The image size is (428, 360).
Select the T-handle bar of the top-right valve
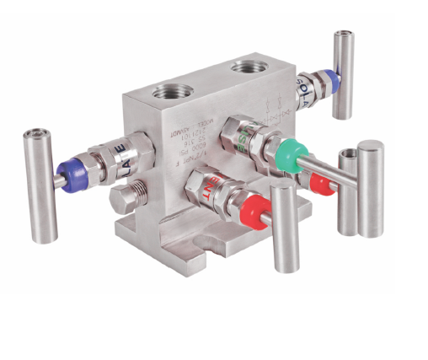coord(342,74)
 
